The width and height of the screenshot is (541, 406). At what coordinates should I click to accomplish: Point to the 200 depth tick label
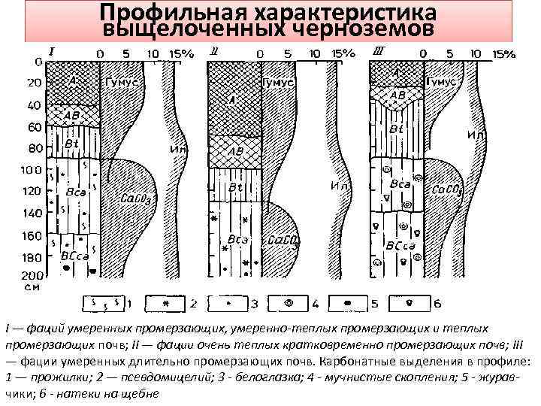(31, 277)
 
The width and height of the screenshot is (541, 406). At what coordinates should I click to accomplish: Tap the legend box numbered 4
(289, 304)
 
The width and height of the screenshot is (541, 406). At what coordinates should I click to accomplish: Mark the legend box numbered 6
(410, 304)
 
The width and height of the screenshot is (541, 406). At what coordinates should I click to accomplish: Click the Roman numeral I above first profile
(51, 53)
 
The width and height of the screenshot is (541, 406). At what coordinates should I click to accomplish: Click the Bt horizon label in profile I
(72, 143)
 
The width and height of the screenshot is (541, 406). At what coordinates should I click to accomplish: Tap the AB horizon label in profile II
(235, 151)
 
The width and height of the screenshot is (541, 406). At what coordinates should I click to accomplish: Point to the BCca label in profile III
(398, 247)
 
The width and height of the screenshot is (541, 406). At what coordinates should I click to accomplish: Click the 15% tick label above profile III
(501, 54)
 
